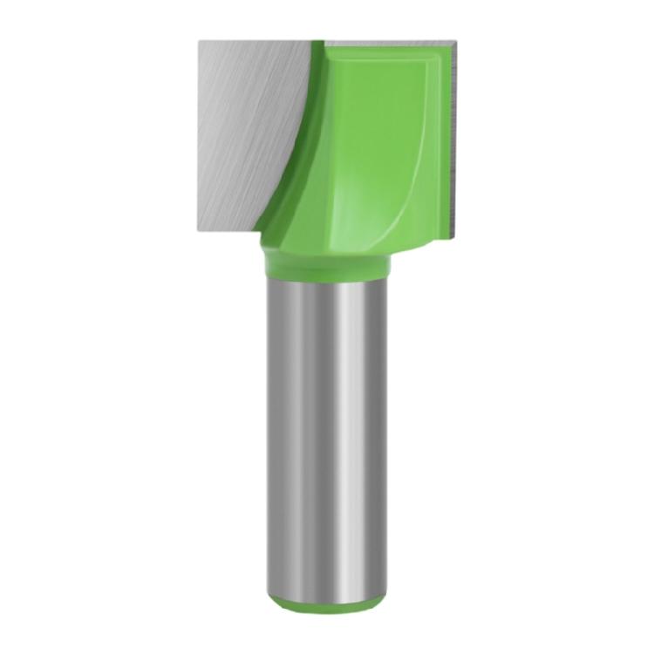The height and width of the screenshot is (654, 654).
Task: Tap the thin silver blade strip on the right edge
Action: point(452,140)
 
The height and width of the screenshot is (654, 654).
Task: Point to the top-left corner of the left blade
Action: point(200,41)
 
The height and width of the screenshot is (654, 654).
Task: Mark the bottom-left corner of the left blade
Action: point(200,229)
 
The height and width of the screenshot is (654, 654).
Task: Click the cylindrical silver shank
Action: point(305,436)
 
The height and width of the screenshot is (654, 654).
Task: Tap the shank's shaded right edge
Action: point(382,436)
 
